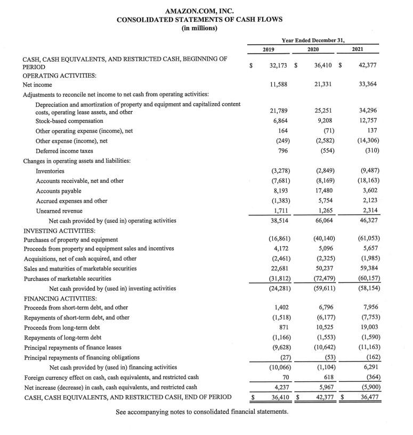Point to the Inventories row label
(50, 171)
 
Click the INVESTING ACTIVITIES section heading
(59, 230)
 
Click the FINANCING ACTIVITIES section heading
(59, 298)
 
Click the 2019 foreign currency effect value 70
(284, 377)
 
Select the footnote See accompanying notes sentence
(202, 412)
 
